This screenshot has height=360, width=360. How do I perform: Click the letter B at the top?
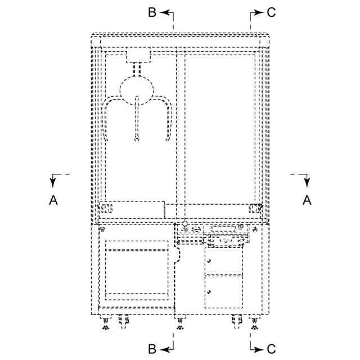(x=152, y=12)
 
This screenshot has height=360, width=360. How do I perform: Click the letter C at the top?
(x=271, y=12)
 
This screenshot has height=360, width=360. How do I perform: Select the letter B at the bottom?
(x=152, y=349)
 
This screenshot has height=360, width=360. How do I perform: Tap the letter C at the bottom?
(x=271, y=349)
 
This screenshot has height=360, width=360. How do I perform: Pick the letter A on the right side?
(x=307, y=200)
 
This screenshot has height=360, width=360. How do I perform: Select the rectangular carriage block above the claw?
(x=138, y=55)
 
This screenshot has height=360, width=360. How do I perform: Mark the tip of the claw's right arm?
(x=166, y=139)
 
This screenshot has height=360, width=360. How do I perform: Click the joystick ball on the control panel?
(x=185, y=224)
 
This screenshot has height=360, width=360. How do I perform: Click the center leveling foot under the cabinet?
(x=179, y=323)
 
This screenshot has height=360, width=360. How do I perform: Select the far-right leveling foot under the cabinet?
(x=254, y=323)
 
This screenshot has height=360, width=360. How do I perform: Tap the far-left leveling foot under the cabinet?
(x=106, y=323)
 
